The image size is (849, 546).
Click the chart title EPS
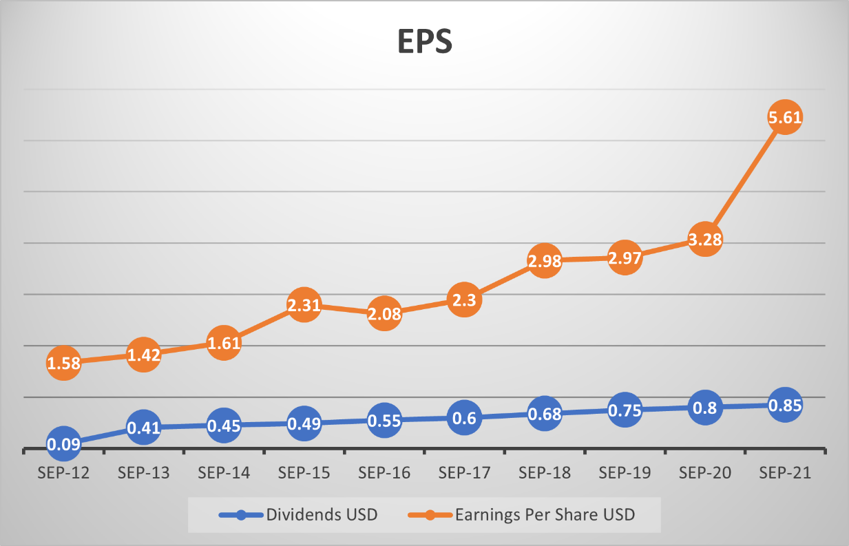click(x=425, y=43)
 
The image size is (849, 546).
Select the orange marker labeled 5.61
click(x=784, y=118)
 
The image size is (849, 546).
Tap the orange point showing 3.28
click(x=704, y=240)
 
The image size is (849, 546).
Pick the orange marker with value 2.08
click(x=384, y=313)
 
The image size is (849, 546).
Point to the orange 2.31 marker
click(x=304, y=305)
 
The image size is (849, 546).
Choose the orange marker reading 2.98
click(x=544, y=261)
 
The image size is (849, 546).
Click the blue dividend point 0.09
click(x=64, y=444)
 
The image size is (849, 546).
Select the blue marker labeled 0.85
click(x=784, y=405)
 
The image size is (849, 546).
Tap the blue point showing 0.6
click(x=464, y=418)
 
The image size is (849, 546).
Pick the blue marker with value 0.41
click(x=144, y=428)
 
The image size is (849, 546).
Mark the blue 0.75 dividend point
click(x=625, y=410)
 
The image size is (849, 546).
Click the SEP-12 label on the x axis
click(x=64, y=474)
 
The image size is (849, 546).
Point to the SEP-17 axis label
click(x=464, y=474)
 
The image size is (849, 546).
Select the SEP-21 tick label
click(x=784, y=474)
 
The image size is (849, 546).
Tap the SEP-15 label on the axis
click(x=304, y=474)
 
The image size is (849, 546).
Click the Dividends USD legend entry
click(x=298, y=514)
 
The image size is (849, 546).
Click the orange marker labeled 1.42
click(x=144, y=355)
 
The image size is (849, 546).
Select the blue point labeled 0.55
click(x=384, y=420)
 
